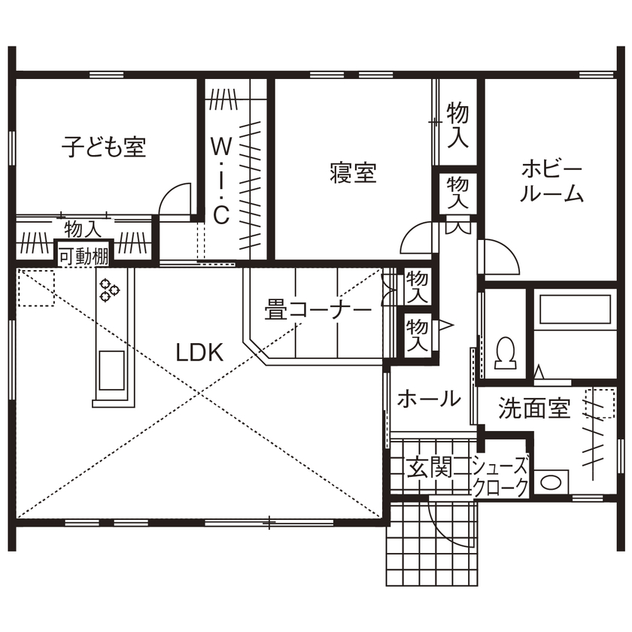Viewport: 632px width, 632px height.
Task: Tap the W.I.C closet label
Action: point(220,179)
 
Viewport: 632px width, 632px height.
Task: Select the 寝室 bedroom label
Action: point(353,173)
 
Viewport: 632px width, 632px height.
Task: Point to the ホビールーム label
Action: point(551,181)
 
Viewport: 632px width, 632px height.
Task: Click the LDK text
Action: point(199,352)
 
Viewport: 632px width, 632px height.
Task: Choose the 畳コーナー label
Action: point(318,310)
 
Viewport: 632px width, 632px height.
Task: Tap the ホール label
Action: point(428,399)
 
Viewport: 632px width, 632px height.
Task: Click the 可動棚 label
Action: point(84,256)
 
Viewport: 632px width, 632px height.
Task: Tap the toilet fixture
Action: point(505,353)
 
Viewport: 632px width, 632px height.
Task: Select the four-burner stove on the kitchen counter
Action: point(110,290)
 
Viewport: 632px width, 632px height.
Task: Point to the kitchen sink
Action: point(111,369)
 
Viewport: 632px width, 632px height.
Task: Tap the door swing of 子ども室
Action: point(176,199)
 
